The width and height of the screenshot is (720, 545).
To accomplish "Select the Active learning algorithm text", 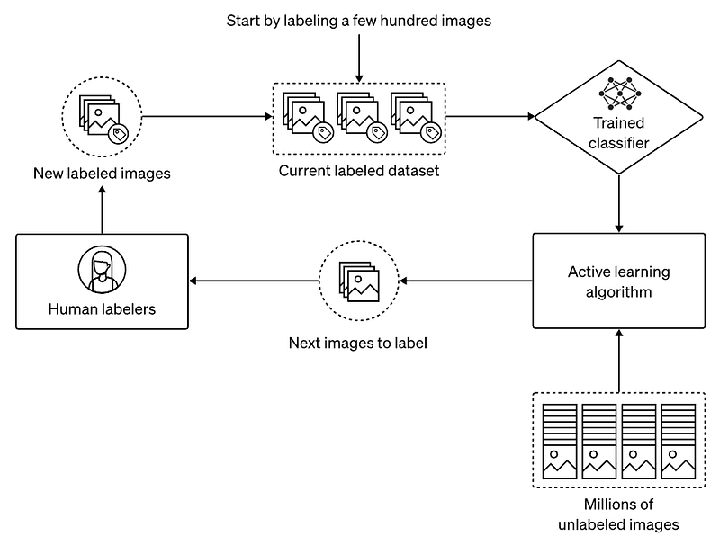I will [x=618, y=281].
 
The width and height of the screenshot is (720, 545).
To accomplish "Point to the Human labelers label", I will [x=102, y=309].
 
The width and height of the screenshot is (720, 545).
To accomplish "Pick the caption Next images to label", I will [x=357, y=343].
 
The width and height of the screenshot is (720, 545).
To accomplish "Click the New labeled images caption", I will [x=102, y=174].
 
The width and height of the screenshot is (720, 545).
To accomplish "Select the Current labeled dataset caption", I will [x=358, y=170].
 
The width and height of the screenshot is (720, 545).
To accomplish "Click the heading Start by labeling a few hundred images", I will [x=358, y=20].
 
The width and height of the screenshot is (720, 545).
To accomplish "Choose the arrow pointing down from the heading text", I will [x=358, y=58].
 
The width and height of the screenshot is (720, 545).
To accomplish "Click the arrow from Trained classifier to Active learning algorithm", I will [x=618, y=203].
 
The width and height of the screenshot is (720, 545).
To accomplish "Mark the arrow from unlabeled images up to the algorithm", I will [x=618, y=360].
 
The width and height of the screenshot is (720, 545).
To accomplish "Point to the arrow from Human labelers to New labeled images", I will [x=102, y=210].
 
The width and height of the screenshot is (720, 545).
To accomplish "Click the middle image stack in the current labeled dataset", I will [x=359, y=118].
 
